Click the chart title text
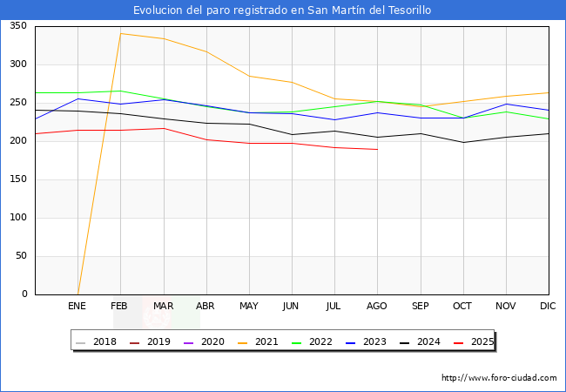pyautogui.click(x=282, y=10)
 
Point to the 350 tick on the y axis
pyautogui.click(x=17, y=26)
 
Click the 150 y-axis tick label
pyautogui.click(x=17, y=179)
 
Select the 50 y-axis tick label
pyautogui.click(x=20, y=256)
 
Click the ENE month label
pyautogui.click(x=77, y=307)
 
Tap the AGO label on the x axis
pyautogui.click(x=377, y=307)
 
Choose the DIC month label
pyautogui.click(x=548, y=307)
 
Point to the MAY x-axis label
pyautogui.click(x=249, y=307)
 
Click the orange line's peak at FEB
pyautogui.click(x=120, y=33)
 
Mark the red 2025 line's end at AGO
pyautogui.click(x=377, y=149)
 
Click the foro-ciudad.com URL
pyautogui.click(x=499, y=378)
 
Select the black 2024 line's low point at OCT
pyautogui.click(x=462, y=142)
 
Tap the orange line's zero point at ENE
pyautogui.click(x=77, y=294)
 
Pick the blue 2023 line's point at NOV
pyautogui.click(x=505, y=104)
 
